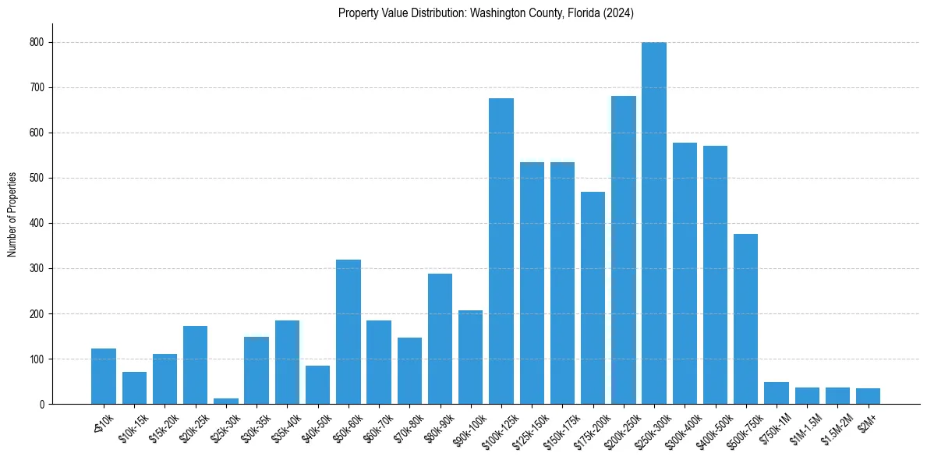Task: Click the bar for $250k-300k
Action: [x=654, y=224]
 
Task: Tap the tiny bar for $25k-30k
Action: [x=226, y=401]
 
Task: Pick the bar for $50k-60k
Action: [x=349, y=332]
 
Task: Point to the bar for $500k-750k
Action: [x=745, y=319]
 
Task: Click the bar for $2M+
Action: [x=868, y=396]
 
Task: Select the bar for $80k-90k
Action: [x=440, y=339]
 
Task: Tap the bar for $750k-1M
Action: [x=777, y=393]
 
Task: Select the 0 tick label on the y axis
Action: [x=42, y=405]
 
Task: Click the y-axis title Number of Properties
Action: [x=12, y=214]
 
